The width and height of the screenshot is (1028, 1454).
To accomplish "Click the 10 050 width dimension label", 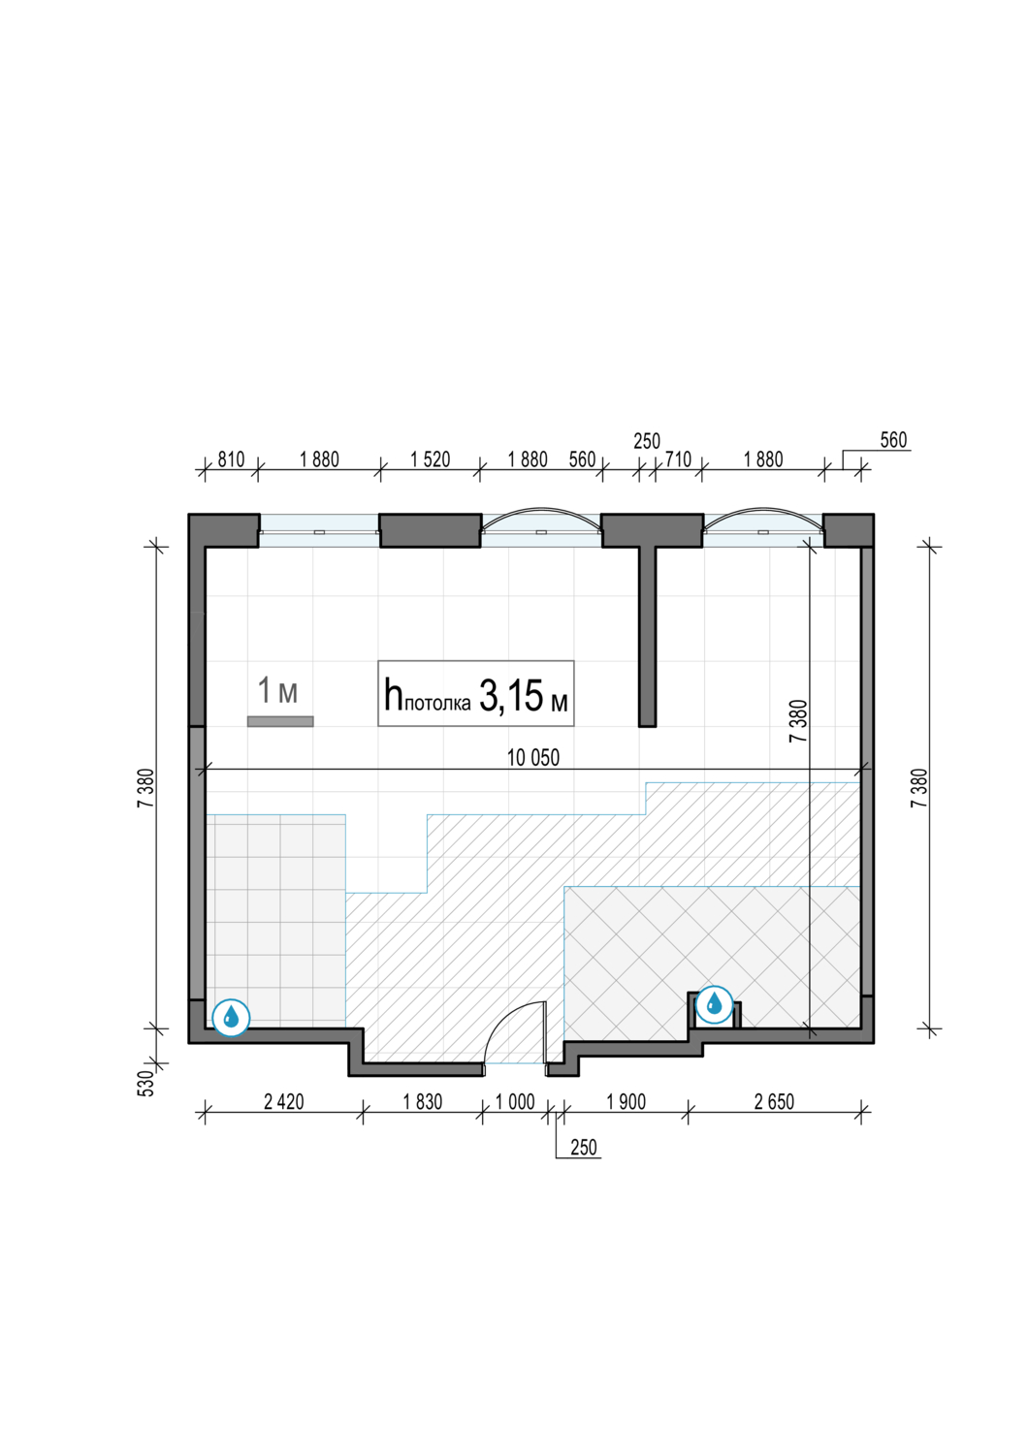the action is point(532,757).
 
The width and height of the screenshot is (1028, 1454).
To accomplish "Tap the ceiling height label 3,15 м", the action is point(523,695).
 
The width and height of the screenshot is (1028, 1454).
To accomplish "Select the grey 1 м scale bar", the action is point(280,721).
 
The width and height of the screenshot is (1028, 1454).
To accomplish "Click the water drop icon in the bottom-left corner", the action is point(231,1018).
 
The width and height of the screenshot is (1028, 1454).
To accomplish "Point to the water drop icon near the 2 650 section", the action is point(715,1004).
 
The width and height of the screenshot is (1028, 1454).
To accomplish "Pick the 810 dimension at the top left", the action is point(231,459).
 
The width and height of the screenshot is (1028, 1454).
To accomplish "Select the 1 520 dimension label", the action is point(430,459).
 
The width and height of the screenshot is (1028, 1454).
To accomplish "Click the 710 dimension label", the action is point(678,459).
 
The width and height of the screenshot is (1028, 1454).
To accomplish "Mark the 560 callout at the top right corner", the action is point(893,440).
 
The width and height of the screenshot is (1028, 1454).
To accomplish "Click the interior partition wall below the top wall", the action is point(648,637).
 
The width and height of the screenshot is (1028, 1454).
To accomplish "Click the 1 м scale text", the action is point(278,689).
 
